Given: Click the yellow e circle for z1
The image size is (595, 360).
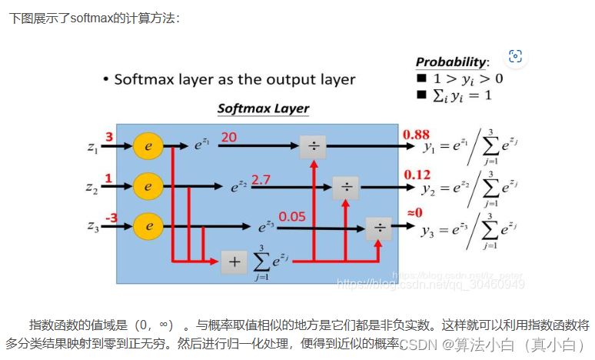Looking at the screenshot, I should tap(148, 145).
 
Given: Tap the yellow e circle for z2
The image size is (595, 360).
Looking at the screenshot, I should tap(148, 185).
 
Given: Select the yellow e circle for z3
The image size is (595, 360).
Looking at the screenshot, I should tap(148, 226).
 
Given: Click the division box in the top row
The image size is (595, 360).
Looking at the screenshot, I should tap(313, 145).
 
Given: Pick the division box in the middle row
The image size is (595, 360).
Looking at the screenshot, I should tap(346, 187).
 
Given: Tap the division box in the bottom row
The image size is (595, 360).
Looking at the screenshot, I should tap(378, 228).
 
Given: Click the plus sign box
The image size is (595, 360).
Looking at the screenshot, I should tap(234, 262).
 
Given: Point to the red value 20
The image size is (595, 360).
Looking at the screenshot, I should tap(229, 137).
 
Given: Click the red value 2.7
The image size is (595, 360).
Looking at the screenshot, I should tap(262, 178).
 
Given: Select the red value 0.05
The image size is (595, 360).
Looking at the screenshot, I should tap(293, 217).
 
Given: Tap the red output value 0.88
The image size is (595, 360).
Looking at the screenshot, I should tap(416, 135).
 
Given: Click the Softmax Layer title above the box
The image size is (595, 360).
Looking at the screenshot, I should tap(263, 108).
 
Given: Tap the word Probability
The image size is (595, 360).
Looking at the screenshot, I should tap(451, 62).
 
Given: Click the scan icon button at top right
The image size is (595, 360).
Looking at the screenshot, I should tap(515, 56).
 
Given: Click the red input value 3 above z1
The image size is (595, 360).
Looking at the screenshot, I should tap(109, 137).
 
